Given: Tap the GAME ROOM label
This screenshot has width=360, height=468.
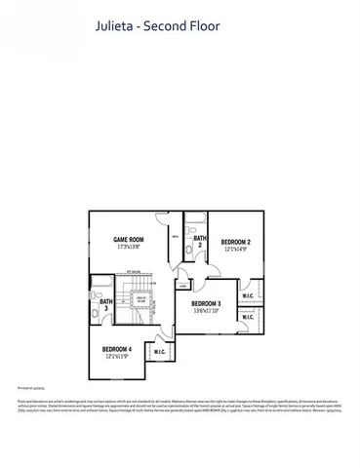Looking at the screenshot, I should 128,240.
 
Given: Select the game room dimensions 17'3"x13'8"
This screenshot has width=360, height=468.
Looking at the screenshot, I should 128,248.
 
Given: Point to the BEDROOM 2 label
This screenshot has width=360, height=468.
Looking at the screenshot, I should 235,242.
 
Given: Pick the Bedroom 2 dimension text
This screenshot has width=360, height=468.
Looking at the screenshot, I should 235,250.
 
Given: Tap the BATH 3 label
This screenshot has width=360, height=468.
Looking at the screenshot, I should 104,305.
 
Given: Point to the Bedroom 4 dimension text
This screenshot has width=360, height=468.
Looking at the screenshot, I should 117,357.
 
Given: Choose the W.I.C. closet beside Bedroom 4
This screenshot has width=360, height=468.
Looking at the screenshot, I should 159,351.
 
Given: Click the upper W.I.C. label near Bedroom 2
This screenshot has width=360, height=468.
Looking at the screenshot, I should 248,296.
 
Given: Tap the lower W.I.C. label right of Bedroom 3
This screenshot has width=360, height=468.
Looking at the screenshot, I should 248,317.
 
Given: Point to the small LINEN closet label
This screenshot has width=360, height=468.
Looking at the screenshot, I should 182,286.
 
